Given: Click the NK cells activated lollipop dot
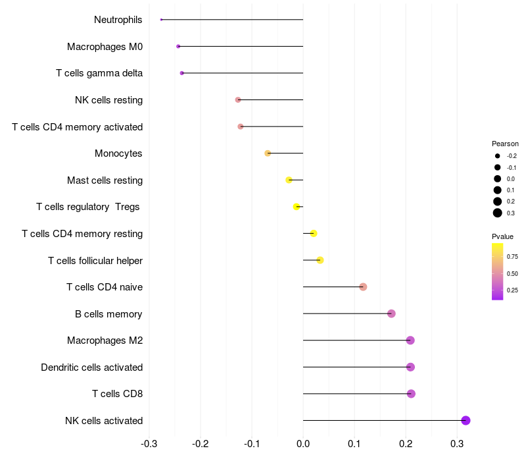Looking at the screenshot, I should pyautogui.click(x=466, y=421).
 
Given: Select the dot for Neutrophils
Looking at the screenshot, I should pyautogui.click(x=161, y=20).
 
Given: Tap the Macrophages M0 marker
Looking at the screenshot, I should pyautogui.click(x=178, y=46).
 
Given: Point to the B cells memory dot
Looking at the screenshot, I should pyautogui.click(x=391, y=313).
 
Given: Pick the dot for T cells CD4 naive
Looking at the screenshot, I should pyautogui.click(x=363, y=286).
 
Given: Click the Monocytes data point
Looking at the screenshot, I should pyautogui.click(x=268, y=153).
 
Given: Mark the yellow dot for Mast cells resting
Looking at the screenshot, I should pyautogui.click(x=289, y=180).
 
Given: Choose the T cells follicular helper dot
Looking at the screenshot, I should pyautogui.click(x=320, y=260).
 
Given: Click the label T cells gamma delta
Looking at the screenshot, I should pyautogui.click(x=99, y=73).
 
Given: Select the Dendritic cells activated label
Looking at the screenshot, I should pyautogui.click(x=91, y=367).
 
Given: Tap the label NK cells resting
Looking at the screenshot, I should pyautogui.click(x=108, y=100).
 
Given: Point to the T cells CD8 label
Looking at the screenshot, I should pyautogui.click(x=117, y=394).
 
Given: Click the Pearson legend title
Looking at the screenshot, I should pyautogui.click(x=505, y=144).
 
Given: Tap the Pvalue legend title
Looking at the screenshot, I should pyautogui.click(x=502, y=236).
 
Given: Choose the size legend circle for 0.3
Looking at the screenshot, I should pyautogui.click(x=498, y=213).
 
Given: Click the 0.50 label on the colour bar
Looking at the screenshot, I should pyautogui.click(x=512, y=273).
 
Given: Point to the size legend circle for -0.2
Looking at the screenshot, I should pyautogui.click(x=498, y=156).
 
